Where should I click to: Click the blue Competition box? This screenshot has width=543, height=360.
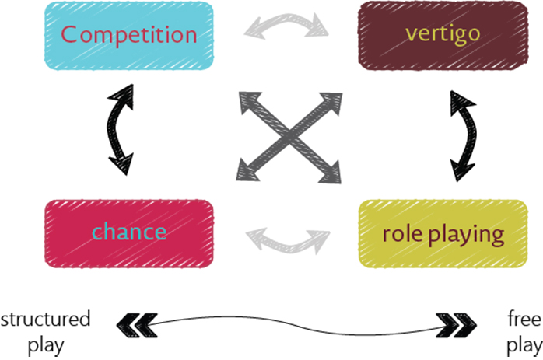[128, 35]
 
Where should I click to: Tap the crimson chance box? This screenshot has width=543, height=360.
[128, 231]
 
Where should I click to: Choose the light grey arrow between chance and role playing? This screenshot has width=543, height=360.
[288, 239]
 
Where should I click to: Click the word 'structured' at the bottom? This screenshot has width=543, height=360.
[45, 319]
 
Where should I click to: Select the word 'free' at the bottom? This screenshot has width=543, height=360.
[520, 319]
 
